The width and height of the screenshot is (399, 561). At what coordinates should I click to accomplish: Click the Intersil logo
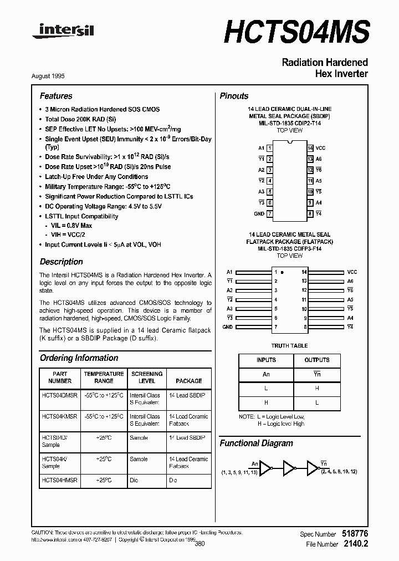[x=63, y=32]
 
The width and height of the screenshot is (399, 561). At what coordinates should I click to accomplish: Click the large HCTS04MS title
[x=296, y=30]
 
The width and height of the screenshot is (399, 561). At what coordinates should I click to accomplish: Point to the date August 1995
[x=55, y=76]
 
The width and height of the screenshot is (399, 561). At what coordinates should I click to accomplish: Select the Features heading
[x=56, y=96]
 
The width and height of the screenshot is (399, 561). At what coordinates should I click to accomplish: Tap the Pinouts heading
[x=234, y=96]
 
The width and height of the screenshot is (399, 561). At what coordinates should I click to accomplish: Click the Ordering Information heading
[x=79, y=358]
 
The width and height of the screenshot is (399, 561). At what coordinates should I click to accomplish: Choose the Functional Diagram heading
[x=256, y=443]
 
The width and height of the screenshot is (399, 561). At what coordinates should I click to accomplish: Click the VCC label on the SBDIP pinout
[x=320, y=148]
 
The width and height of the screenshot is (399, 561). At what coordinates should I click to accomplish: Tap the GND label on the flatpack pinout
[x=227, y=327]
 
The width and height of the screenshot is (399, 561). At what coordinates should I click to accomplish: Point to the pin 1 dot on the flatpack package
[x=283, y=273]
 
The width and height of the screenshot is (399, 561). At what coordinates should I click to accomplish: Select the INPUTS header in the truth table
[x=266, y=360]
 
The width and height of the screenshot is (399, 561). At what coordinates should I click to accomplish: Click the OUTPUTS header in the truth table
[x=317, y=360]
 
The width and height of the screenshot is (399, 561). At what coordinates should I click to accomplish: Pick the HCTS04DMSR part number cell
[x=60, y=395]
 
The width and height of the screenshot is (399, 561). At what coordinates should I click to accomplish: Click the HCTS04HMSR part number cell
[x=60, y=480]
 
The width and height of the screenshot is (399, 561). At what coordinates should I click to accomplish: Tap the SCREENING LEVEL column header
[x=146, y=378]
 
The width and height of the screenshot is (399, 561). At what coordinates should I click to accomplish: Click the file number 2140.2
[x=356, y=544]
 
